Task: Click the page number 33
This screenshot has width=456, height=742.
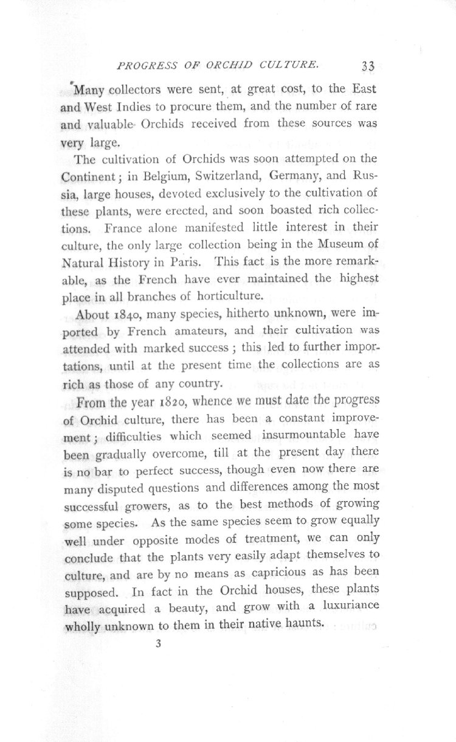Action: coord(368,66)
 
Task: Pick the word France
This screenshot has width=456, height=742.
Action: coord(125,229)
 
